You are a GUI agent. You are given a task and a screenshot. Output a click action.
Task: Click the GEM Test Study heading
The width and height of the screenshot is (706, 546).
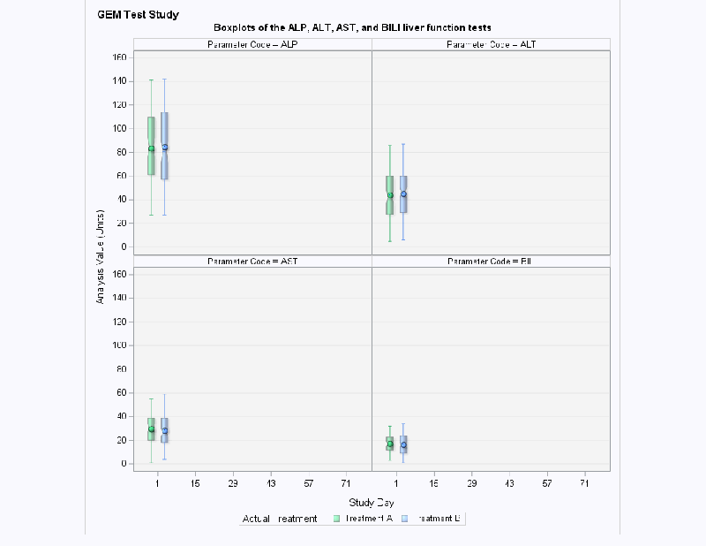click(138, 15)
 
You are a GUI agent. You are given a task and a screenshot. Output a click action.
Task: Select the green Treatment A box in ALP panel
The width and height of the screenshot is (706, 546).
click(151, 146)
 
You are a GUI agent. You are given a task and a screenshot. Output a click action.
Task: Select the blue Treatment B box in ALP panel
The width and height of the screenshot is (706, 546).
click(165, 146)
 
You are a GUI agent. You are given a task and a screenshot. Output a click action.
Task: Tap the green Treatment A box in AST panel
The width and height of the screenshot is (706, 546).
click(151, 428)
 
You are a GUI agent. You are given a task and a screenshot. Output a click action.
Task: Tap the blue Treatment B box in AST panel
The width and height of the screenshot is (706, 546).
click(165, 429)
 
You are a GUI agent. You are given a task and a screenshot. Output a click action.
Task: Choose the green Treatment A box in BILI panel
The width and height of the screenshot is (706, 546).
click(390, 443)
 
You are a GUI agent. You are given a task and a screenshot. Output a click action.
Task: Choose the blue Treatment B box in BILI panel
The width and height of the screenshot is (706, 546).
click(403, 444)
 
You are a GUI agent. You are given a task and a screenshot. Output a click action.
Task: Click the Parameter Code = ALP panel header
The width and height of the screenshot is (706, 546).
click(252, 45)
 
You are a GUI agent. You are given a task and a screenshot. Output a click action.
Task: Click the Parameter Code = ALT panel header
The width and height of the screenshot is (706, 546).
click(491, 45)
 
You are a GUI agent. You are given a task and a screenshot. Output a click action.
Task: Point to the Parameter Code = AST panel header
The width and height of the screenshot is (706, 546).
click(252, 262)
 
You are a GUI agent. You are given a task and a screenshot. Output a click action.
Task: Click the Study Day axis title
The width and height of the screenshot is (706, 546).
click(371, 502)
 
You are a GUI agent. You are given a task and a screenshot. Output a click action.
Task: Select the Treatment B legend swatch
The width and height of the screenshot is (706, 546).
click(405, 519)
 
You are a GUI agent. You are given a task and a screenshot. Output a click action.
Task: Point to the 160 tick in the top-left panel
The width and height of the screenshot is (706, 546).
click(120, 57)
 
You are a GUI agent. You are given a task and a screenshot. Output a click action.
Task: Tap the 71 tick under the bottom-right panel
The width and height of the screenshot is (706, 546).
click(584, 484)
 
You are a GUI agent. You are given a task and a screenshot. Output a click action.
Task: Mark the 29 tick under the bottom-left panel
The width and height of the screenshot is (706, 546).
click(232, 484)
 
